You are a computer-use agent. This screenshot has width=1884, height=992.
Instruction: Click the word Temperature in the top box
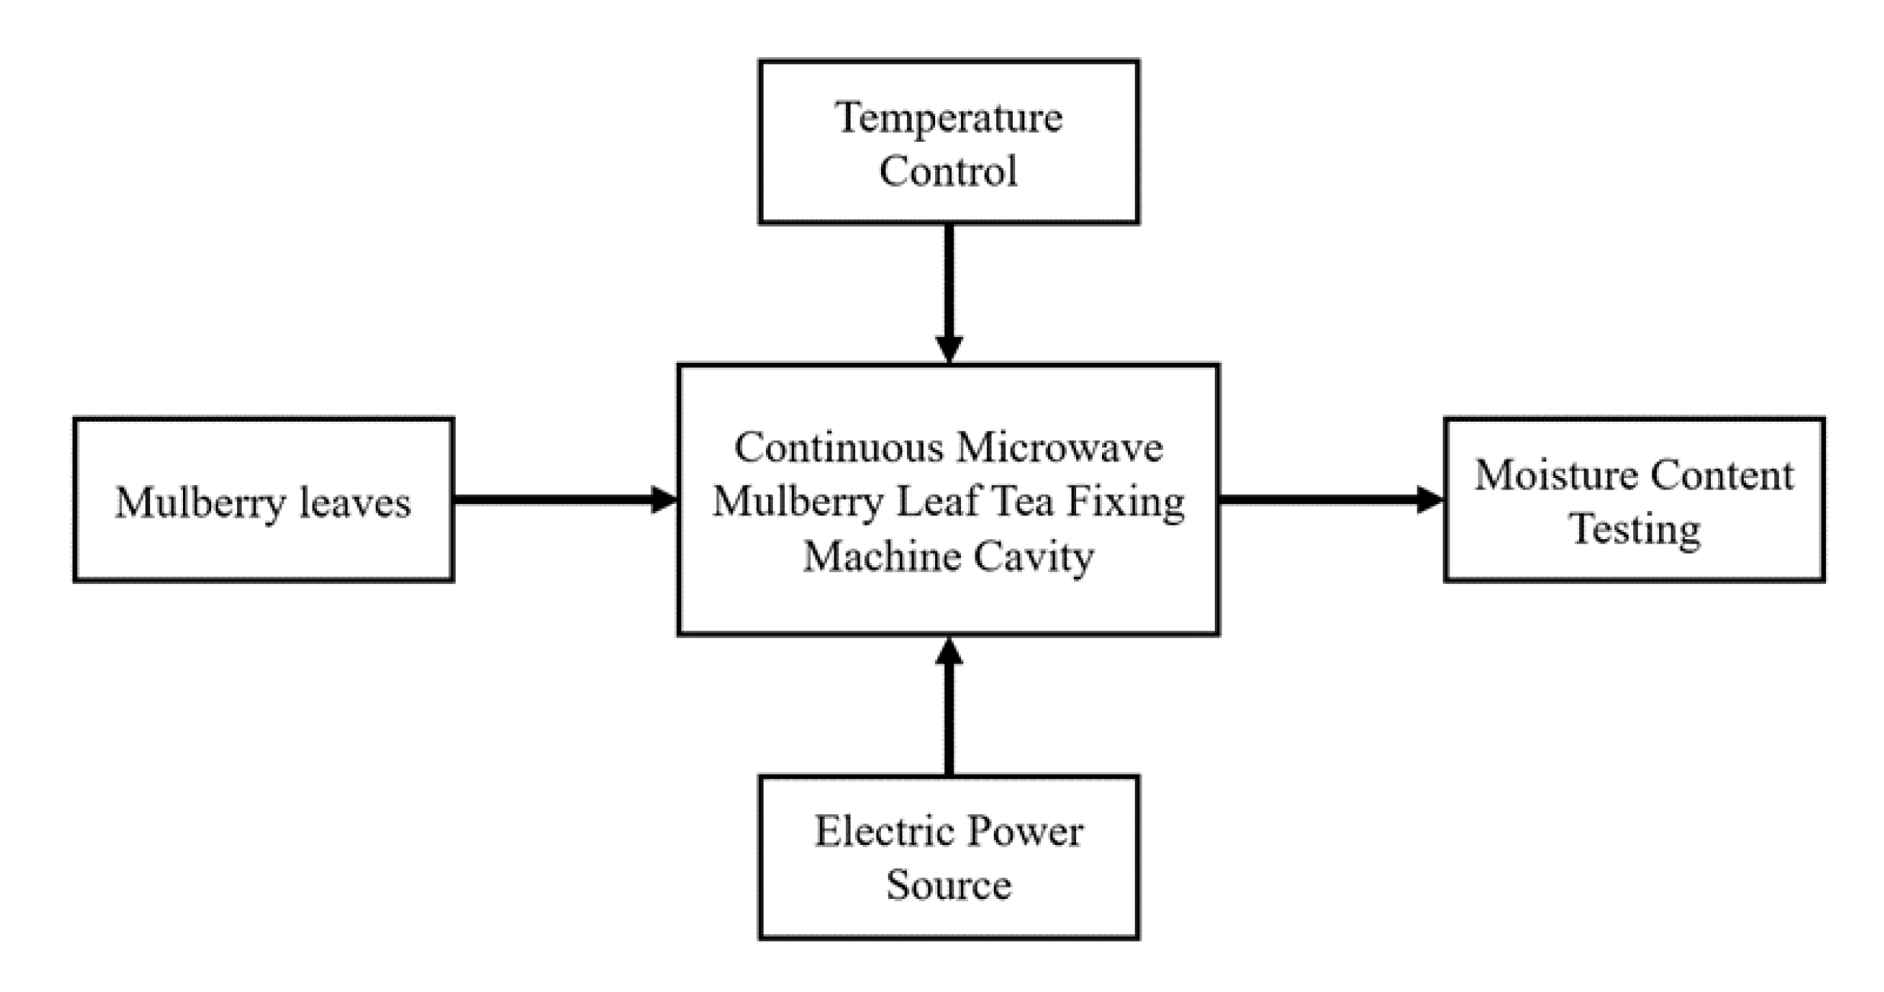[x=948, y=118]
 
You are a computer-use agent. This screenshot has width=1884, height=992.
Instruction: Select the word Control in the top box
[x=948, y=171]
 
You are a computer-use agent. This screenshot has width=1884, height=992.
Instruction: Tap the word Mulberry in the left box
[x=200, y=503]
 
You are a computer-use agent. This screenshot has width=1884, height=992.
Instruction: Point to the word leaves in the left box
[x=354, y=503]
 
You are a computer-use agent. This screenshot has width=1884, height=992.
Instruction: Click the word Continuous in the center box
[x=838, y=447]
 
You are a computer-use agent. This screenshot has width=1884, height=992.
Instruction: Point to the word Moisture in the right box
[x=1555, y=475]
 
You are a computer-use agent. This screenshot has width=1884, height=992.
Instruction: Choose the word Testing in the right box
[x=1634, y=528]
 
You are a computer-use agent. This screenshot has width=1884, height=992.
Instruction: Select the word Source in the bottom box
[x=948, y=885]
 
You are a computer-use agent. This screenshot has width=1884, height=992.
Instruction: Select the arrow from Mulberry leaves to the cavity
[x=564, y=500]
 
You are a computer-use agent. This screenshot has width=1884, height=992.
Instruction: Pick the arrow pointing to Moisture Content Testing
[x=1330, y=500]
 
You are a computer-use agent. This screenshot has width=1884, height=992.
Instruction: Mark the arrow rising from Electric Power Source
[x=948, y=709]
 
